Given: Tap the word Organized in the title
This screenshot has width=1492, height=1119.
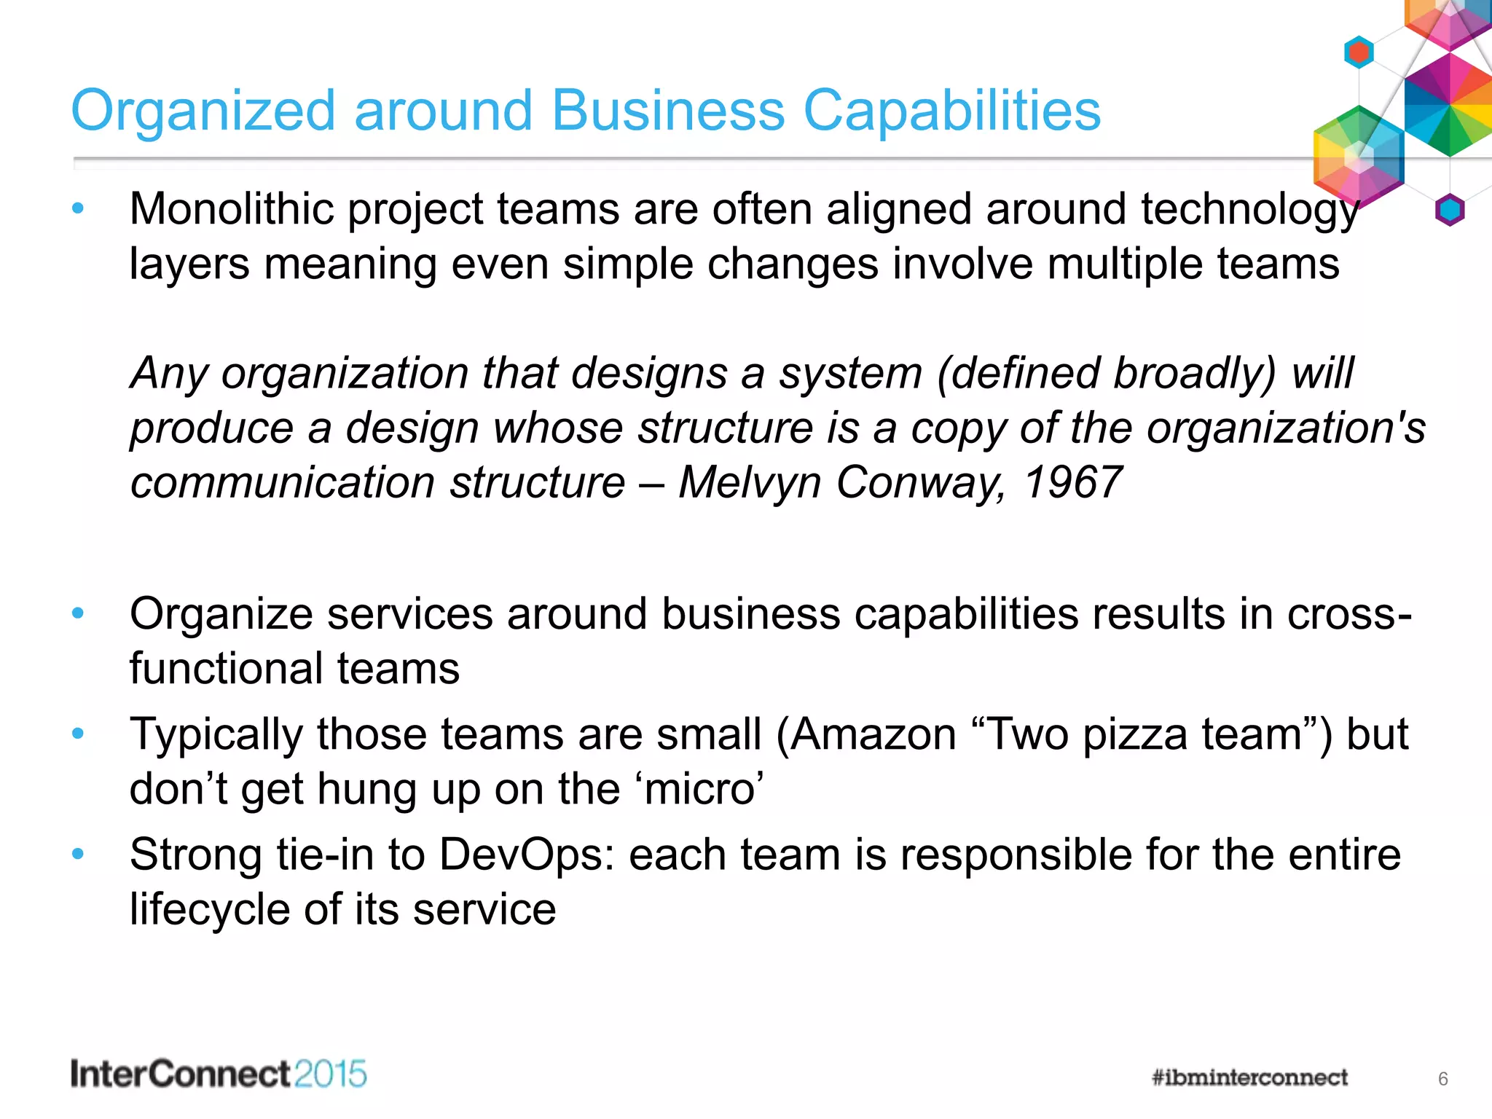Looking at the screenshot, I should click(x=203, y=112).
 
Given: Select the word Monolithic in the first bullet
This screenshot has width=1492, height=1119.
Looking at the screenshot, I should click(x=231, y=210).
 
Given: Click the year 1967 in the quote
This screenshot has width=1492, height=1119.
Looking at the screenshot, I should click(x=1072, y=483).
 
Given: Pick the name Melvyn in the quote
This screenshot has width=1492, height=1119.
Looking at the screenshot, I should click(x=750, y=483).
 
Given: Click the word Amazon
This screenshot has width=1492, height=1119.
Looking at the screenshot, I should click(x=873, y=734).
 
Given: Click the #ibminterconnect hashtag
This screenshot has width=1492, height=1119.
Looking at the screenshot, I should click(x=1249, y=1077).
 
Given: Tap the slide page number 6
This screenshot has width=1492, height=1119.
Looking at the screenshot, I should click(x=1442, y=1079).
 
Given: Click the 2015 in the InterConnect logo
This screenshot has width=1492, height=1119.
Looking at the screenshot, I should click(x=331, y=1075).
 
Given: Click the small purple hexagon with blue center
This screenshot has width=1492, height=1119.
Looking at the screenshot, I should click(x=1450, y=211).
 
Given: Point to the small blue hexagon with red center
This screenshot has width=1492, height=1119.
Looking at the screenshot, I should click(x=1359, y=52).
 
